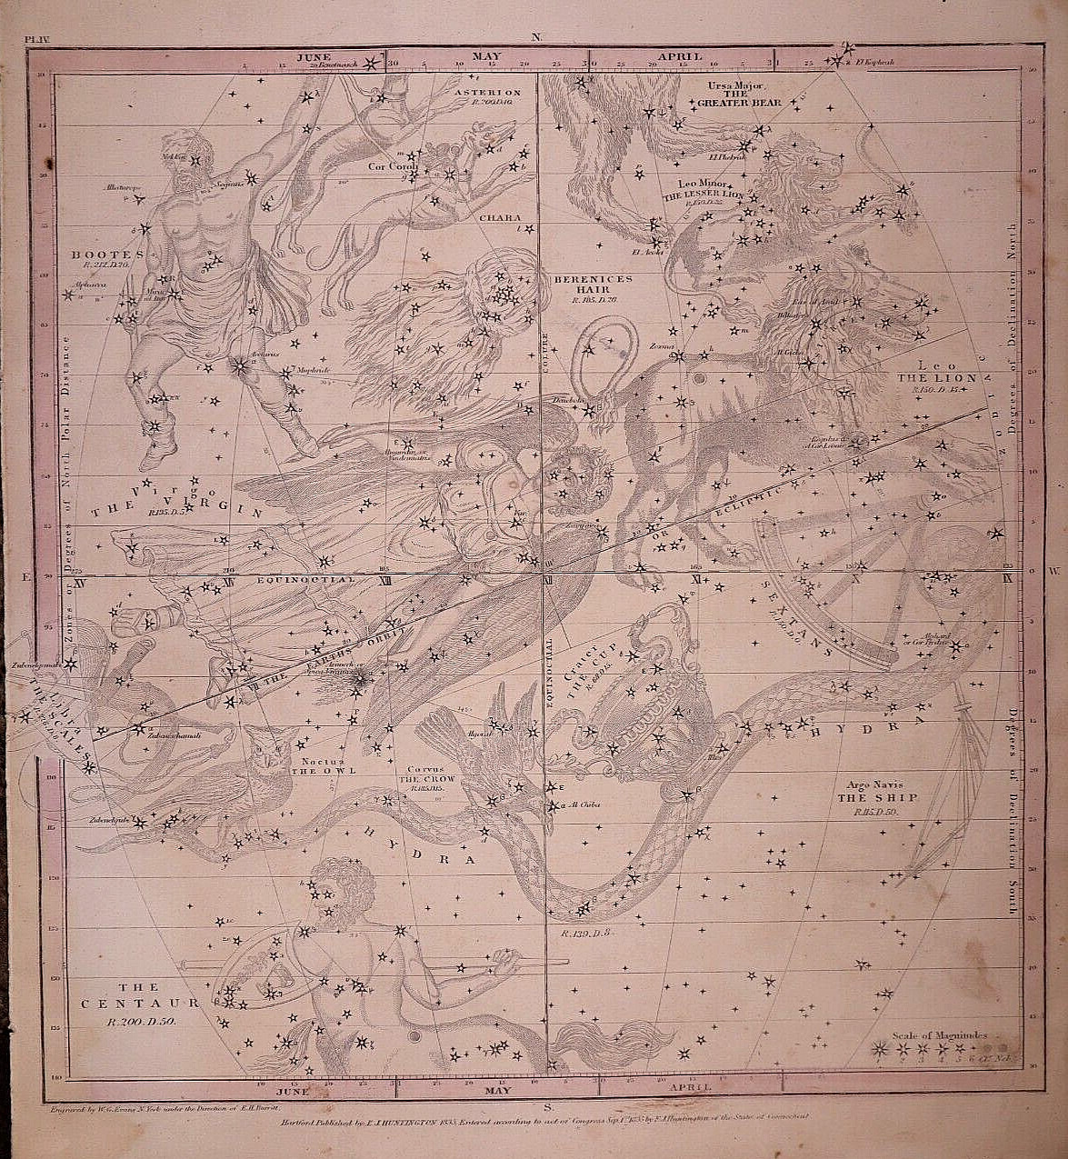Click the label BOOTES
click(x=107, y=255)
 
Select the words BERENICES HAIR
click(x=581, y=285)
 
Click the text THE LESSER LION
click(x=704, y=195)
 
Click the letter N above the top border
click(x=536, y=37)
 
